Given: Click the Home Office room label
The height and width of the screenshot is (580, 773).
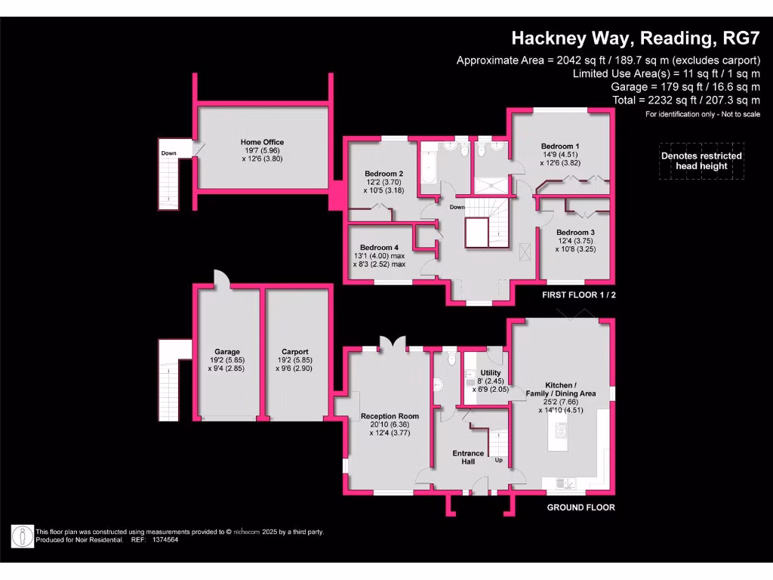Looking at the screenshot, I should (262, 142).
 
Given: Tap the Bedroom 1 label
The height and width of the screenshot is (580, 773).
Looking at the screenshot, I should (560, 146).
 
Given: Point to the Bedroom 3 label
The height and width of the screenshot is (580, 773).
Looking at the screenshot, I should (576, 233).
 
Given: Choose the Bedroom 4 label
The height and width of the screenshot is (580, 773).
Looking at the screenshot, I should (379, 248).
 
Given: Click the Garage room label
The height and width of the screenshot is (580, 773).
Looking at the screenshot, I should (226, 352).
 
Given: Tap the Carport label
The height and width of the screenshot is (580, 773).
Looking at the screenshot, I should (294, 352).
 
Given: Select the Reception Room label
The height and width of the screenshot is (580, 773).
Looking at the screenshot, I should (390, 416).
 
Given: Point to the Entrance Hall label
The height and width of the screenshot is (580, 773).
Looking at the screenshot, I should (468, 453).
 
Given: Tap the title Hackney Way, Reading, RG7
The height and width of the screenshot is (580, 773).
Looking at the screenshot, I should (635, 38).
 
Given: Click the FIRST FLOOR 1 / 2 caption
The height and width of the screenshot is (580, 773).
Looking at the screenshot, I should (579, 295).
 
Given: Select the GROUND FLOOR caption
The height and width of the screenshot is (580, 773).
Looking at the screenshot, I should (581, 507).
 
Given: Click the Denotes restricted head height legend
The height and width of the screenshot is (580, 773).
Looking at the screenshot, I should (701, 161).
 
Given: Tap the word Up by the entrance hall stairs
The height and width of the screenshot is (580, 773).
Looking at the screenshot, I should (499, 460).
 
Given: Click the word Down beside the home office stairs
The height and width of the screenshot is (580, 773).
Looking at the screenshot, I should (168, 153).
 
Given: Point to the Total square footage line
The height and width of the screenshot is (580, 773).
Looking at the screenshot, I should (698, 100).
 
